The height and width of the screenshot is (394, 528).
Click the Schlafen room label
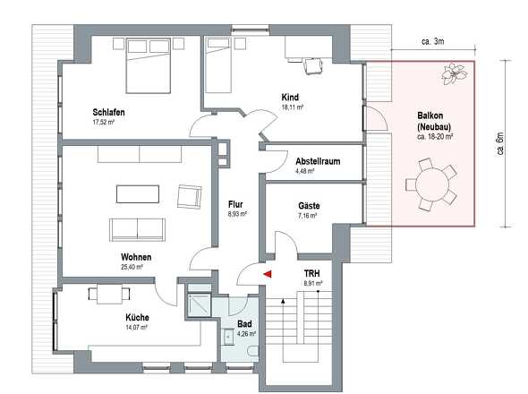pos(107,112)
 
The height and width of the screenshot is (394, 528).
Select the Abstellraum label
pos(318,161)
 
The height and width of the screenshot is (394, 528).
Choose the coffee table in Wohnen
pos(137,193)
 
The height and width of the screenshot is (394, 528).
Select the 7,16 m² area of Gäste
pos(308,216)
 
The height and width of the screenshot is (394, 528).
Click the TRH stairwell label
pos(311,273)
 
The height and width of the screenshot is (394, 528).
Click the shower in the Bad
pos(196,306)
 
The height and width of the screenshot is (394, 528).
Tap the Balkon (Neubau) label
pos(434,123)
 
